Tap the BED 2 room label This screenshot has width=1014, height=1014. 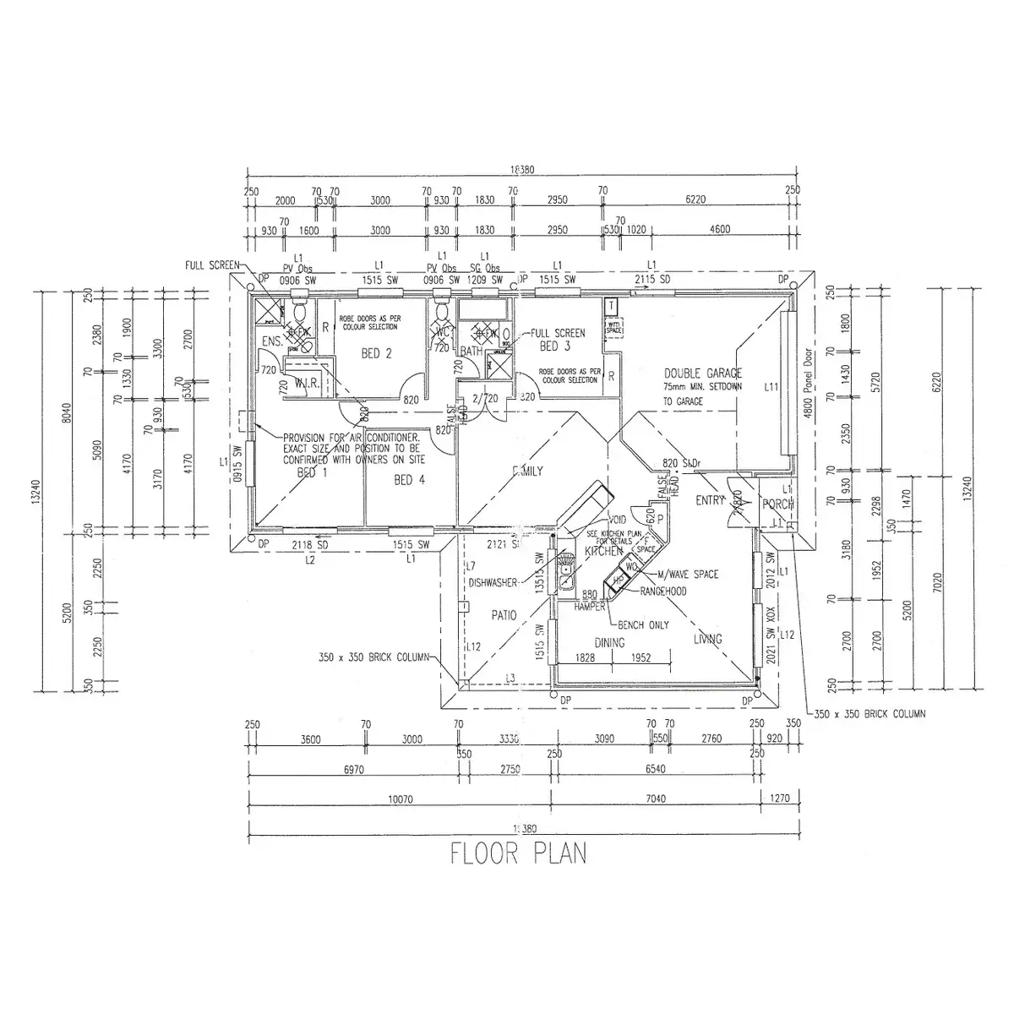(376, 354)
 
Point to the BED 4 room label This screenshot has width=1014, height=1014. (409, 480)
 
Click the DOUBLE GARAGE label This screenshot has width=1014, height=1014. (702, 373)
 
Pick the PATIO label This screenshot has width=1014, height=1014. (503, 616)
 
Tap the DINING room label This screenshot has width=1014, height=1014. (608, 643)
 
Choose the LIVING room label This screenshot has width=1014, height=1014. (707, 639)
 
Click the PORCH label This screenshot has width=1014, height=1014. (777, 504)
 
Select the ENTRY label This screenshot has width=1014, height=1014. (710, 500)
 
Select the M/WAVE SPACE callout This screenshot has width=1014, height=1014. (687, 575)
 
